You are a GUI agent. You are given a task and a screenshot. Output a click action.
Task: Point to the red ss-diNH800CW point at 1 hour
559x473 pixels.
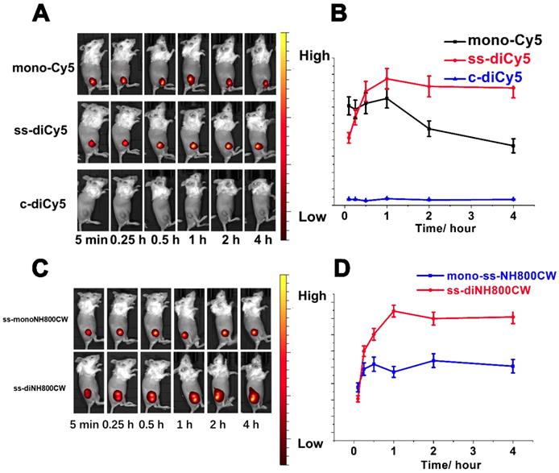(394, 310)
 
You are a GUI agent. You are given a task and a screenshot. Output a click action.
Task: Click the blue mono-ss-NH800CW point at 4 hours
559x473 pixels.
(513, 366)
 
